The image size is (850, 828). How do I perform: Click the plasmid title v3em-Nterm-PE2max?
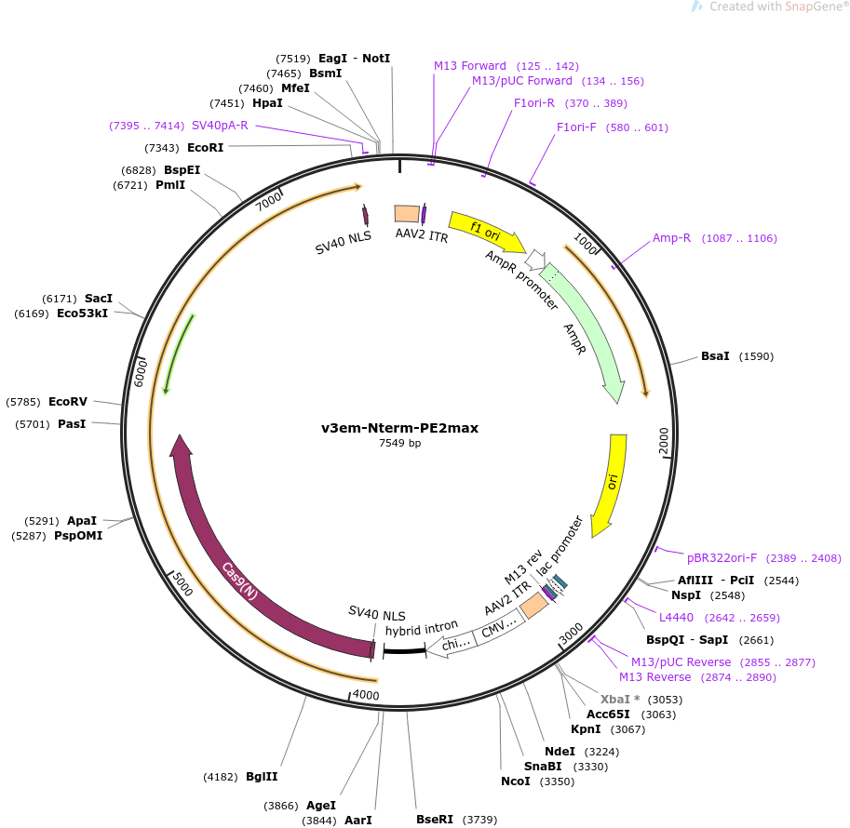(399, 428)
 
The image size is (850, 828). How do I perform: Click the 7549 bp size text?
(399, 444)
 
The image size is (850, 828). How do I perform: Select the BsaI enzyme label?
(715, 356)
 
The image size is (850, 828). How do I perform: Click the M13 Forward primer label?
(470, 66)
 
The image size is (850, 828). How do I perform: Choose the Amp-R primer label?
(671, 238)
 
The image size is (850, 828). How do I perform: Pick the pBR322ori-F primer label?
(722, 558)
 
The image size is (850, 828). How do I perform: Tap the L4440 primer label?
(676, 618)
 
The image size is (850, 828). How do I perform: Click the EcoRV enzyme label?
(68, 402)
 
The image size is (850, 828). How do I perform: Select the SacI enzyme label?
(98, 299)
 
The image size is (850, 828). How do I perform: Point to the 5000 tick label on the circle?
(182, 585)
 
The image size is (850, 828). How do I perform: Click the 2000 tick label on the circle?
(664, 442)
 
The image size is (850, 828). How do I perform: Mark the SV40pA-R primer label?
(220, 126)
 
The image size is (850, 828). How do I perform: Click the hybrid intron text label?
(422, 630)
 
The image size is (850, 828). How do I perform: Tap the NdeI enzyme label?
(560, 752)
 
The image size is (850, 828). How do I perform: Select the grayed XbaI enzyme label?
(615, 700)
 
